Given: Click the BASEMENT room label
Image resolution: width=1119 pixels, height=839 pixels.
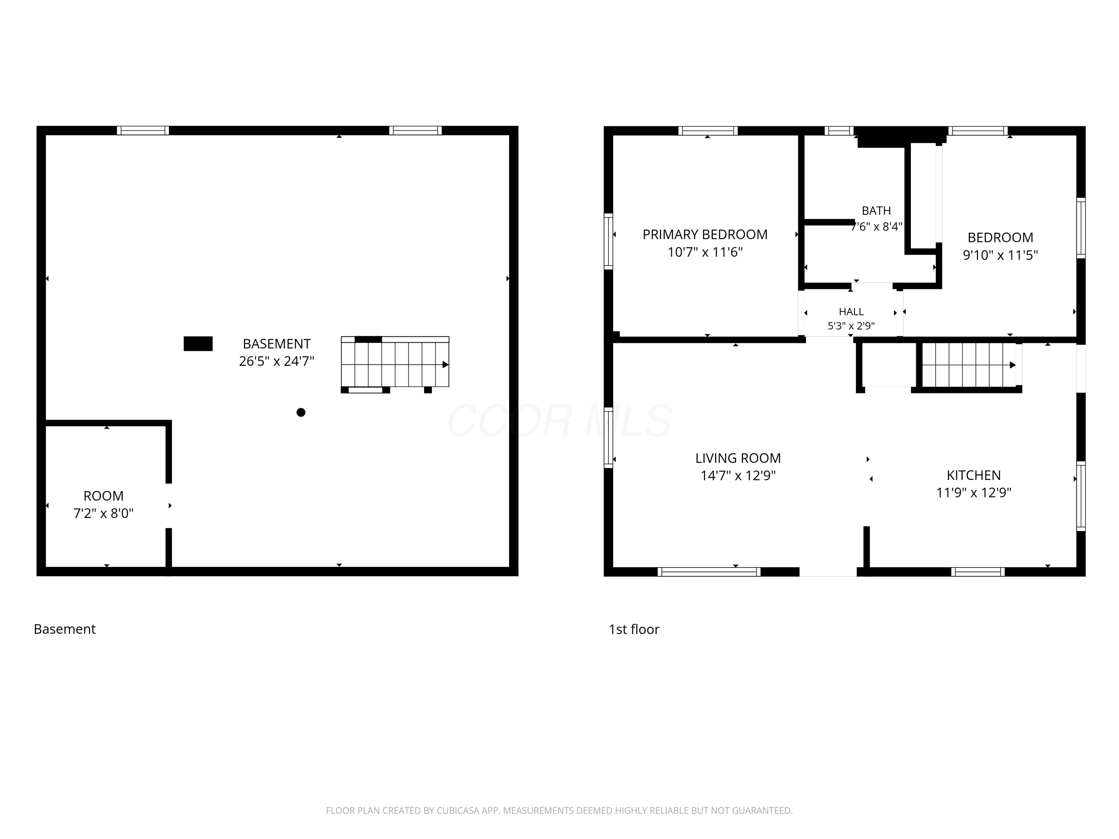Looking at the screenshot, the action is (x=276, y=344).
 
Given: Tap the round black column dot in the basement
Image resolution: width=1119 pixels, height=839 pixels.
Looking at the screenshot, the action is (x=301, y=412).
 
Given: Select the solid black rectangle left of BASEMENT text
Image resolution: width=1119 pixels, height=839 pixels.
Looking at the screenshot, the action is (x=198, y=344).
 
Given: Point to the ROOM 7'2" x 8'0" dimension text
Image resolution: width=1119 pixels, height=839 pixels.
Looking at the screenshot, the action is (x=104, y=513).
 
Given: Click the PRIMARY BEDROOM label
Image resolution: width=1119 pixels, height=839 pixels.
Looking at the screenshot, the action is (x=705, y=235).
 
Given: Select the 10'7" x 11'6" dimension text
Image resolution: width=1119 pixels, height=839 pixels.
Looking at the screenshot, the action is (x=705, y=252).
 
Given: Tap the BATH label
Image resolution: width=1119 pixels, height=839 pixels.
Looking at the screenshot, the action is (x=877, y=210).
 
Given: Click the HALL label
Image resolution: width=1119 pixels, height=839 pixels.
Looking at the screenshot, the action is (x=852, y=311).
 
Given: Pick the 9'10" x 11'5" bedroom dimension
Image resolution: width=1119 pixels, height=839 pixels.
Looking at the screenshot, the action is (x=1000, y=255).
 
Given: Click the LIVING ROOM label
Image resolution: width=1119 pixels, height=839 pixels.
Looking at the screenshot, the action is (x=738, y=458).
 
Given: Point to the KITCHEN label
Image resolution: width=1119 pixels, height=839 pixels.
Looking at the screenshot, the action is (x=974, y=475).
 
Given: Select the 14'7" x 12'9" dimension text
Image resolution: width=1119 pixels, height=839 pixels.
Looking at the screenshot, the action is (x=738, y=475).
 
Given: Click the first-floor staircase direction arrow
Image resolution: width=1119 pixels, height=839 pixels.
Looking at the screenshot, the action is (x=1013, y=365).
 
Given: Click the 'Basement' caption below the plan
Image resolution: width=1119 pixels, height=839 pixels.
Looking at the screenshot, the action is (x=65, y=629).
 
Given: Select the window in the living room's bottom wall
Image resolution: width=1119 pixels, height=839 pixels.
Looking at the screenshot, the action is (x=709, y=572).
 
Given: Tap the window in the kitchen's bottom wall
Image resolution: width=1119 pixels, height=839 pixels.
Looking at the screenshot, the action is (x=978, y=572).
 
